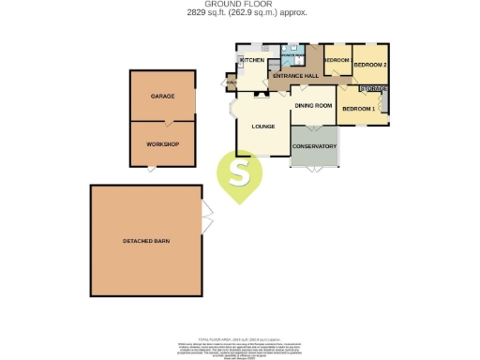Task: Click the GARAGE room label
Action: pos(163,97)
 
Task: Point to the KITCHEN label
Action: pos(253,61)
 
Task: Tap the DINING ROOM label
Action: pos(314,106)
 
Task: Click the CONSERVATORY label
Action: pos(314,145)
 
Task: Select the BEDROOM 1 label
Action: pos(358,110)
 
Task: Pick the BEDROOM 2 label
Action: pos(371,64)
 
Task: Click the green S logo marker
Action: pos(241,175)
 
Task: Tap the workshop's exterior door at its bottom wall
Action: pos(151,168)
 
